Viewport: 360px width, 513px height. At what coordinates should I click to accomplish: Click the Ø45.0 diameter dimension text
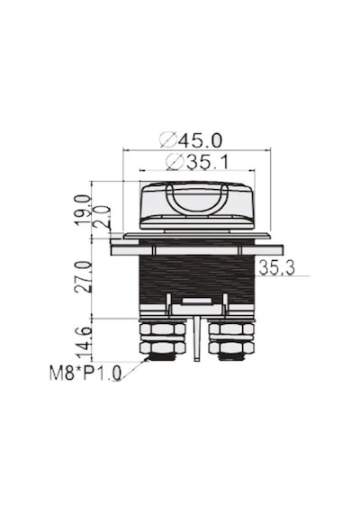(191, 140)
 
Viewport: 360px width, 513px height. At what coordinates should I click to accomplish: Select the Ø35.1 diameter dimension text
(197, 162)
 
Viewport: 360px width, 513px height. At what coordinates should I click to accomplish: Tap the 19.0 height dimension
(82, 210)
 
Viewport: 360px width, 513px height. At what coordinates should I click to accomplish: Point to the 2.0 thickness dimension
(101, 217)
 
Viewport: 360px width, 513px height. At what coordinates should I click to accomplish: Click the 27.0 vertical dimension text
(83, 277)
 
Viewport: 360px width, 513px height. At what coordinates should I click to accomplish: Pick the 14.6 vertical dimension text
(84, 343)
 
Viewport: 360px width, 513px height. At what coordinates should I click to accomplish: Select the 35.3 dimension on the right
(276, 267)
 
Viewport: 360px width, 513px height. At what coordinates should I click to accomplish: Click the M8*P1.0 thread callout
(85, 373)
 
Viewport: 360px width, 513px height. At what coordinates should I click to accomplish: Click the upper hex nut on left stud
(162, 328)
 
